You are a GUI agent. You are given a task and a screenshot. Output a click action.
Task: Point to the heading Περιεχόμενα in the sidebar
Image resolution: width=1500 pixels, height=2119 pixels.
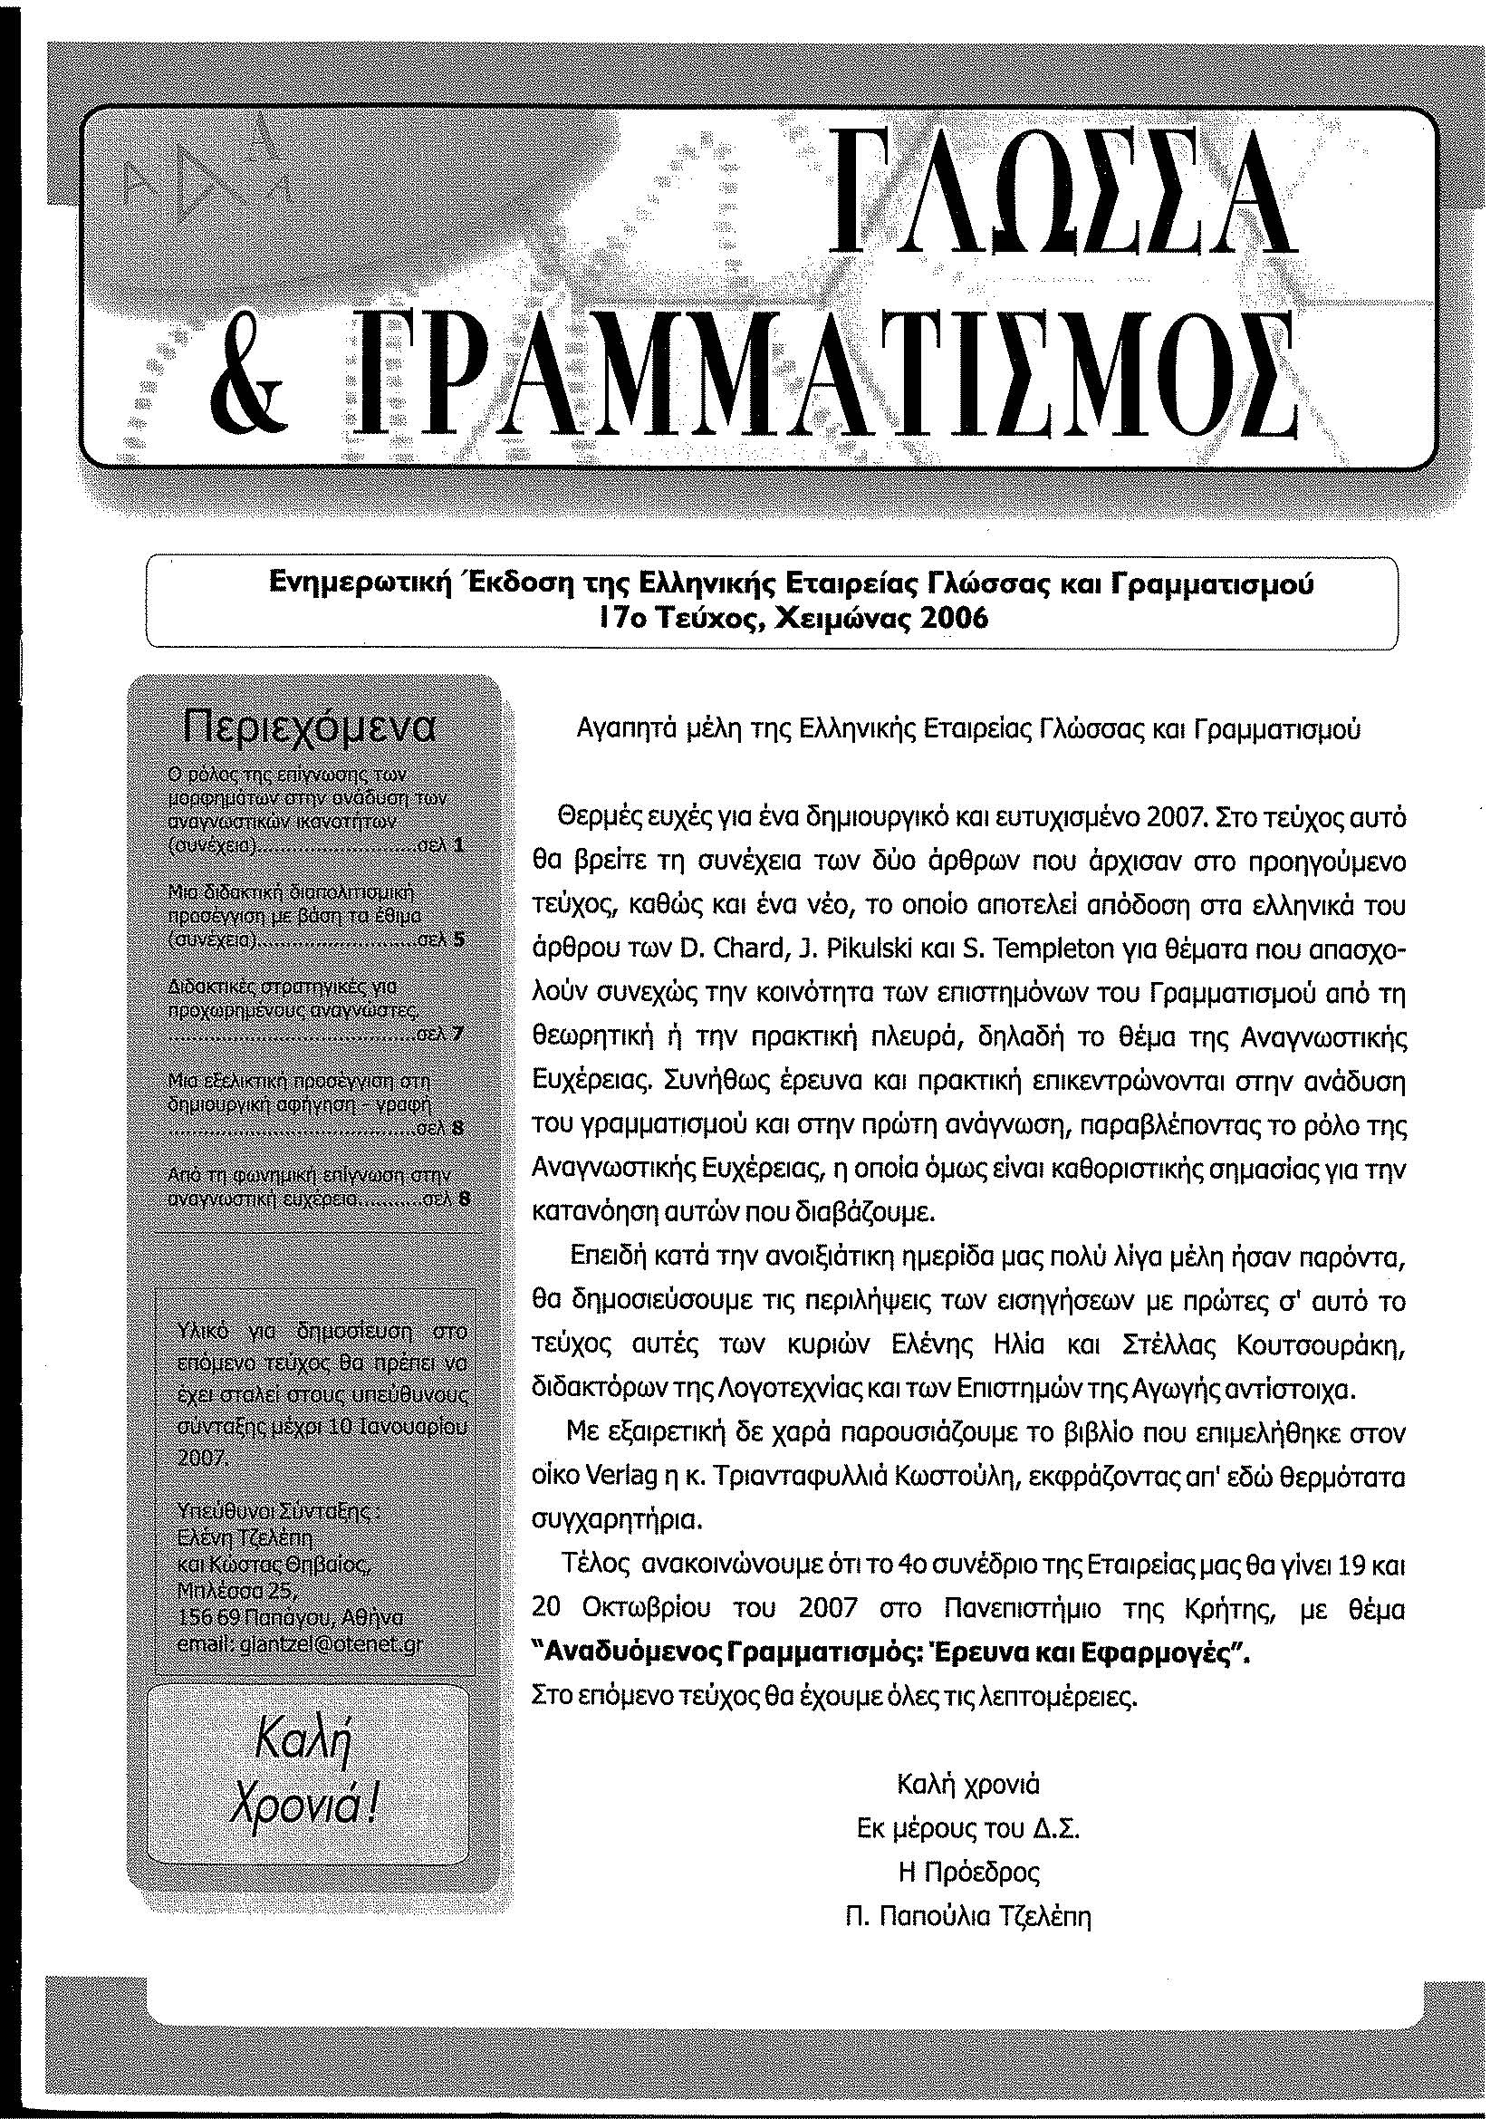tap(310, 727)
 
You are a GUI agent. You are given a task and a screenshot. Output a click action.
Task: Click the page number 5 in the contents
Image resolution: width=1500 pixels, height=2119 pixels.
tap(458, 941)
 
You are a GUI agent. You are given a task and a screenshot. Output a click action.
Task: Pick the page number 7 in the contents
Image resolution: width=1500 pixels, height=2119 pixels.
tap(458, 1034)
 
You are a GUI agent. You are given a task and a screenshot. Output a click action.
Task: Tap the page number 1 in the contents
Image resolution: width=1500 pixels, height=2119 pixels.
tap(459, 843)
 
